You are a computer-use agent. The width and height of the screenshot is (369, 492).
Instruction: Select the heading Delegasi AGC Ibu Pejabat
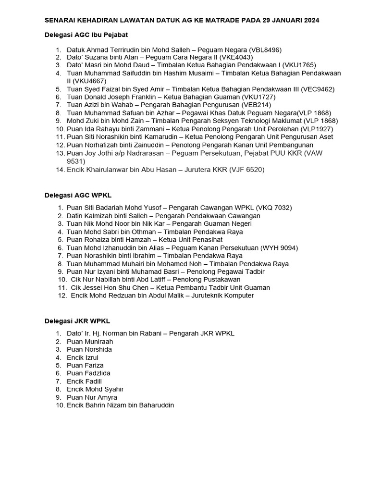86,35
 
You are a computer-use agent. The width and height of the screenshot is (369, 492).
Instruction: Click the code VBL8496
265,49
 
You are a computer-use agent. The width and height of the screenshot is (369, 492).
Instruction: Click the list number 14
60,170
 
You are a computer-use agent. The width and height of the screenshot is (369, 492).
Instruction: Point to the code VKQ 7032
274,208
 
